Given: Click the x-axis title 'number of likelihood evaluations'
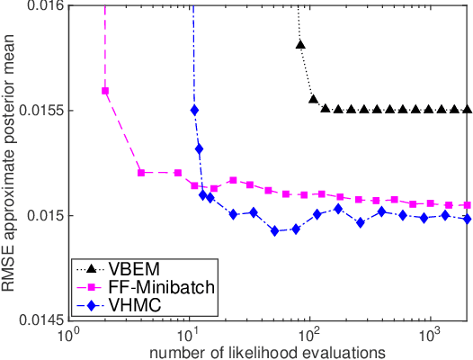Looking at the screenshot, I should click(269, 350).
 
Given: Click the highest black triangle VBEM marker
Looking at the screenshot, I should click(300, 44).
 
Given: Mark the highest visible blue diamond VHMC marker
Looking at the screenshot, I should click(195, 110).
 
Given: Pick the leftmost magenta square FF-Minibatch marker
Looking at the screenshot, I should click(105, 91).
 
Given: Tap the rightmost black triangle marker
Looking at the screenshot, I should click(466, 109).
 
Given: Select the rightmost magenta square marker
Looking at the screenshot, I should click(466, 205).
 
